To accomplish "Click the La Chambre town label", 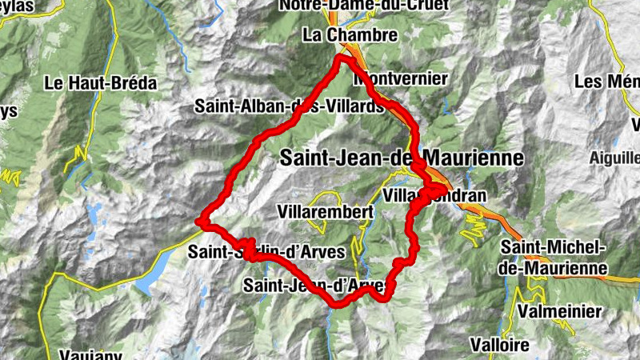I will pyautogui.click(x=350, y=35).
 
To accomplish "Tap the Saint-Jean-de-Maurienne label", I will pyautogui.click(x=402, y=158).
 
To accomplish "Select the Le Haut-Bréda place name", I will pyautogui.click(x=100, y=82).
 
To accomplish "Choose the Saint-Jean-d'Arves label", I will pyautogui.click(x=320, y=285).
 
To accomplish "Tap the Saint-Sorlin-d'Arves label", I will pyautogui.click(x=266, y=251).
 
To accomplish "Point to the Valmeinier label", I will pyautogui.click(x=557, y=310).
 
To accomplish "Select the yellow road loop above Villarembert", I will pyautogui.click(x=324, y=198).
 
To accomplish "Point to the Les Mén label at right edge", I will pyautogui.click(x=606, y=82).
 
